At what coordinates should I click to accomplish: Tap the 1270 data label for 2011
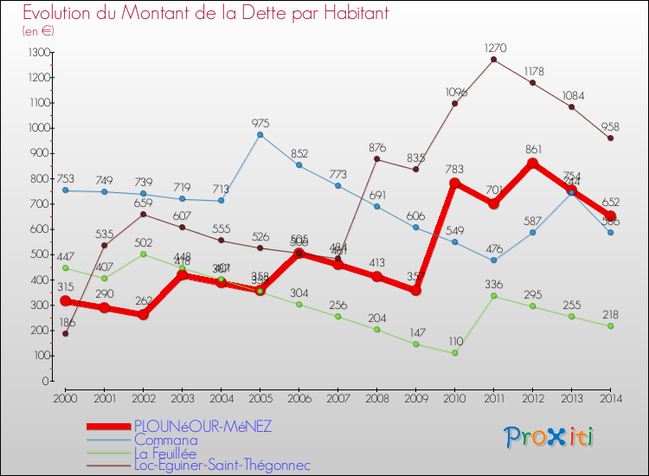point(494,48)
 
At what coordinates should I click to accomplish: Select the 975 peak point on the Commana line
point(260,134)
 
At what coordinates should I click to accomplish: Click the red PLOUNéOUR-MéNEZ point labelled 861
point(533,164)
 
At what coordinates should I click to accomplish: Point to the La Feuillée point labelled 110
point(454,352)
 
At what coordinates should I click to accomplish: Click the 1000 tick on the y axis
point(37,128)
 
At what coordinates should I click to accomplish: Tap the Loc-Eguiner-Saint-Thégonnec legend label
point(222,466)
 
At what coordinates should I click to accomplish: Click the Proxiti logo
point(550,437)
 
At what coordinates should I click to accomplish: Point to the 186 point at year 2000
point(65,333)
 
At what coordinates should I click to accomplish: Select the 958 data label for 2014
point(611,127)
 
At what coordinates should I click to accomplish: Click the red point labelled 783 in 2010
point(454,183)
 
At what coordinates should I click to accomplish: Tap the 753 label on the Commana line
point(67,179)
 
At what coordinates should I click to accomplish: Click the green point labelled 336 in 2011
point(494,295)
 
